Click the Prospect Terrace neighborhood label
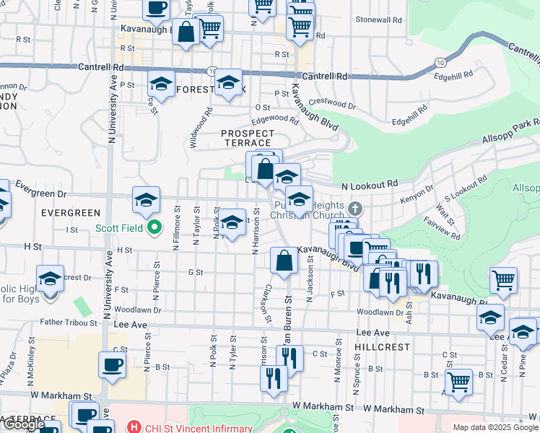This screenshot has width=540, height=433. pyautogui.click(x=248, y=138)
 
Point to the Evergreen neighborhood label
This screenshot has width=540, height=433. pyautogui.click(x=70, y=213)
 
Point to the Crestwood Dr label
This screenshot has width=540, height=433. pyautogui.click(x=332, y=105)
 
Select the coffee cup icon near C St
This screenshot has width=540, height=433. pyautogui.click(x=112, y=364)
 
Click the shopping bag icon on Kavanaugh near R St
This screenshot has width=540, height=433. pyautogui.click(x=186, y=32)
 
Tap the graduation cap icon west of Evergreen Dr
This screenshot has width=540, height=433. pyautogui.click(x=146, y=201)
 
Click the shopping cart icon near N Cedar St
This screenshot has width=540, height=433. pyautogui.click(x=503, y=279)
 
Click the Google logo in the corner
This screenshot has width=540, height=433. pyautogui.click(x=24, y=425)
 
